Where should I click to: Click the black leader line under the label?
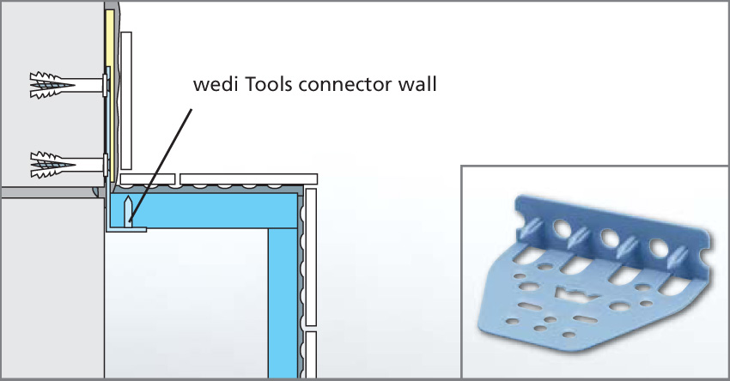pos(161,165)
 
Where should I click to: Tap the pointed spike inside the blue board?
pos(129,212)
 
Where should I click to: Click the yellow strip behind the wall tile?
pos(110,95)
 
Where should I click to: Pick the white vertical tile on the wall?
pos(125,101)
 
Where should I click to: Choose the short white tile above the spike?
pos(148,179)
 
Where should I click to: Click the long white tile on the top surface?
pos(248,179)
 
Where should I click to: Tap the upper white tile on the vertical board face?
pos(311,257)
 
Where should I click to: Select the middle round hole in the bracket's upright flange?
pos(610,237)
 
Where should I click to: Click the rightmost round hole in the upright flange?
pos(660,248)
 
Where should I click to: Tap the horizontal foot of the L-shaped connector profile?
pos(126,229)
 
